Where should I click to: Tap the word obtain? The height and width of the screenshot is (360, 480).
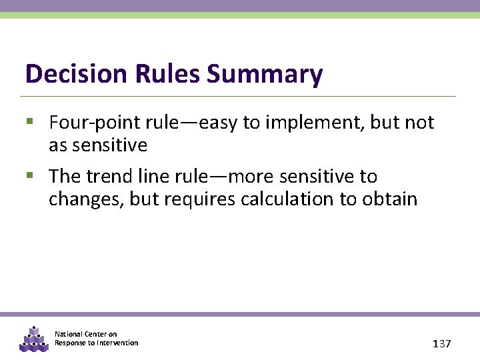click(x=389, y=199)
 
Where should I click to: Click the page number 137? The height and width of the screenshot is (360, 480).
click(x=441, y=343)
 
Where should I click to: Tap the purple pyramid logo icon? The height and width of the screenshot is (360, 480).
click(x=33, y=339)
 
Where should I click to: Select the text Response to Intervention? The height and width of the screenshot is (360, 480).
click(x=96, y=343)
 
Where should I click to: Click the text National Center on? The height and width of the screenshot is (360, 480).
click(x=85, y=334)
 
